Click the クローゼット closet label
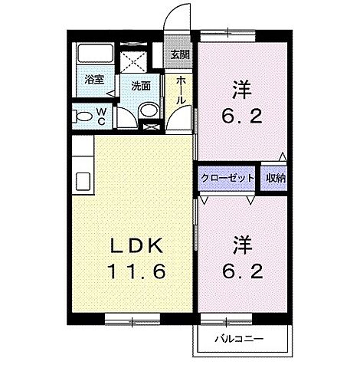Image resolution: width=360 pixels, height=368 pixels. click(227, 178)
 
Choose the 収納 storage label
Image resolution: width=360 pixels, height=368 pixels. click(276, 178)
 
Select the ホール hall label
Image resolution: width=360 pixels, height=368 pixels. click(181, 90)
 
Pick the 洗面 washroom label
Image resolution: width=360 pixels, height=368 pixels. click(140, 86)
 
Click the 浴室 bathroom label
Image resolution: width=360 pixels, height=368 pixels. click(94, 79)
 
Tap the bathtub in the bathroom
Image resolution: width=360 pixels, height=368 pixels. click(94, 55)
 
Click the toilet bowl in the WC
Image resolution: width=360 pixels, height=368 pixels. click(80, 117)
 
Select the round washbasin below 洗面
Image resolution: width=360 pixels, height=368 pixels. click(150, 112)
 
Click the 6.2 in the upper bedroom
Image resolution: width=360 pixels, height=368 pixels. click(241, 118)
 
